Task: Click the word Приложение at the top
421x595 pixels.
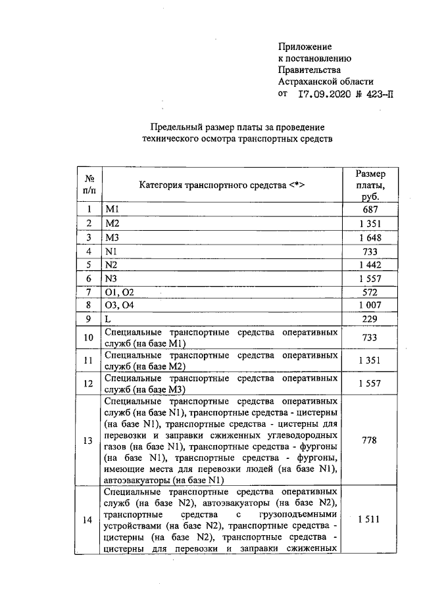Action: coord(305,47)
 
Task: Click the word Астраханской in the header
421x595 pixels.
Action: coord(309,82)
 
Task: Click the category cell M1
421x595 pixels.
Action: coord(112,210)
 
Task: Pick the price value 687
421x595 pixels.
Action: coord(370,210)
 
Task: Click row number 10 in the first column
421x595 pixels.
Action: coord(88,339)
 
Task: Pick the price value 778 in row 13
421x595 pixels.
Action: coord(370,440)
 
